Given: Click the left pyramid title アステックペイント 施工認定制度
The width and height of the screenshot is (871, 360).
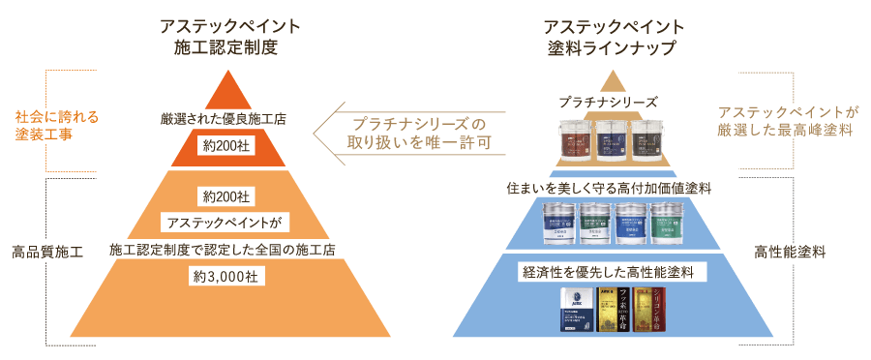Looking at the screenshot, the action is pyautogui.click(x=218, y=36).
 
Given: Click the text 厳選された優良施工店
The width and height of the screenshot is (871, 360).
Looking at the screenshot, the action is pyautogui.click(x=224, y=119).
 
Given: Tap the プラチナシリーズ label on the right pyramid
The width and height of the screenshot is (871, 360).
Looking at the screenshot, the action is pyautogui.click(x=609, y=101).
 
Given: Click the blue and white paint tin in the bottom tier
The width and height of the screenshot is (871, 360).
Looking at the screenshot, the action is pyautogui.click(x=578, y=311).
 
